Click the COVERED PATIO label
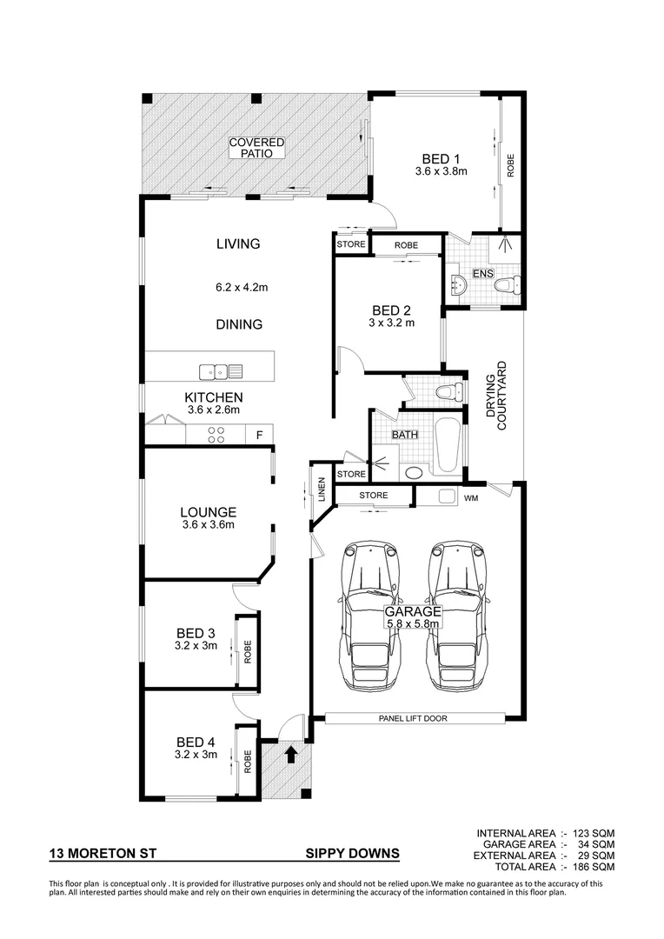pyautogui.click(x=256, y=148)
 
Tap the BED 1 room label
pyautogui.click(x=441, y=158)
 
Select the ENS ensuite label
pyautogui.click(x=483, y=274)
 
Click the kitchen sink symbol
pyautogui.click(x=221, y=372)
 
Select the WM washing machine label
pyautogui.click(x=472, y=498)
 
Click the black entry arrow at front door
pyautogui.click(x=291, y=751)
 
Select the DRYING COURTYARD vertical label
pyautogui.click(x=495, y=402)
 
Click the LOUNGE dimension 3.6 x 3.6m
pyautogui.click(x=209, y=525)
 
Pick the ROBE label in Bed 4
pyautogui.click(x=248, y=762)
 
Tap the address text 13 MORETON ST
pyautogui.click(x=103, y=854)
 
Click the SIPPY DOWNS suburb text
pyautogui.click(x=352, y=854)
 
